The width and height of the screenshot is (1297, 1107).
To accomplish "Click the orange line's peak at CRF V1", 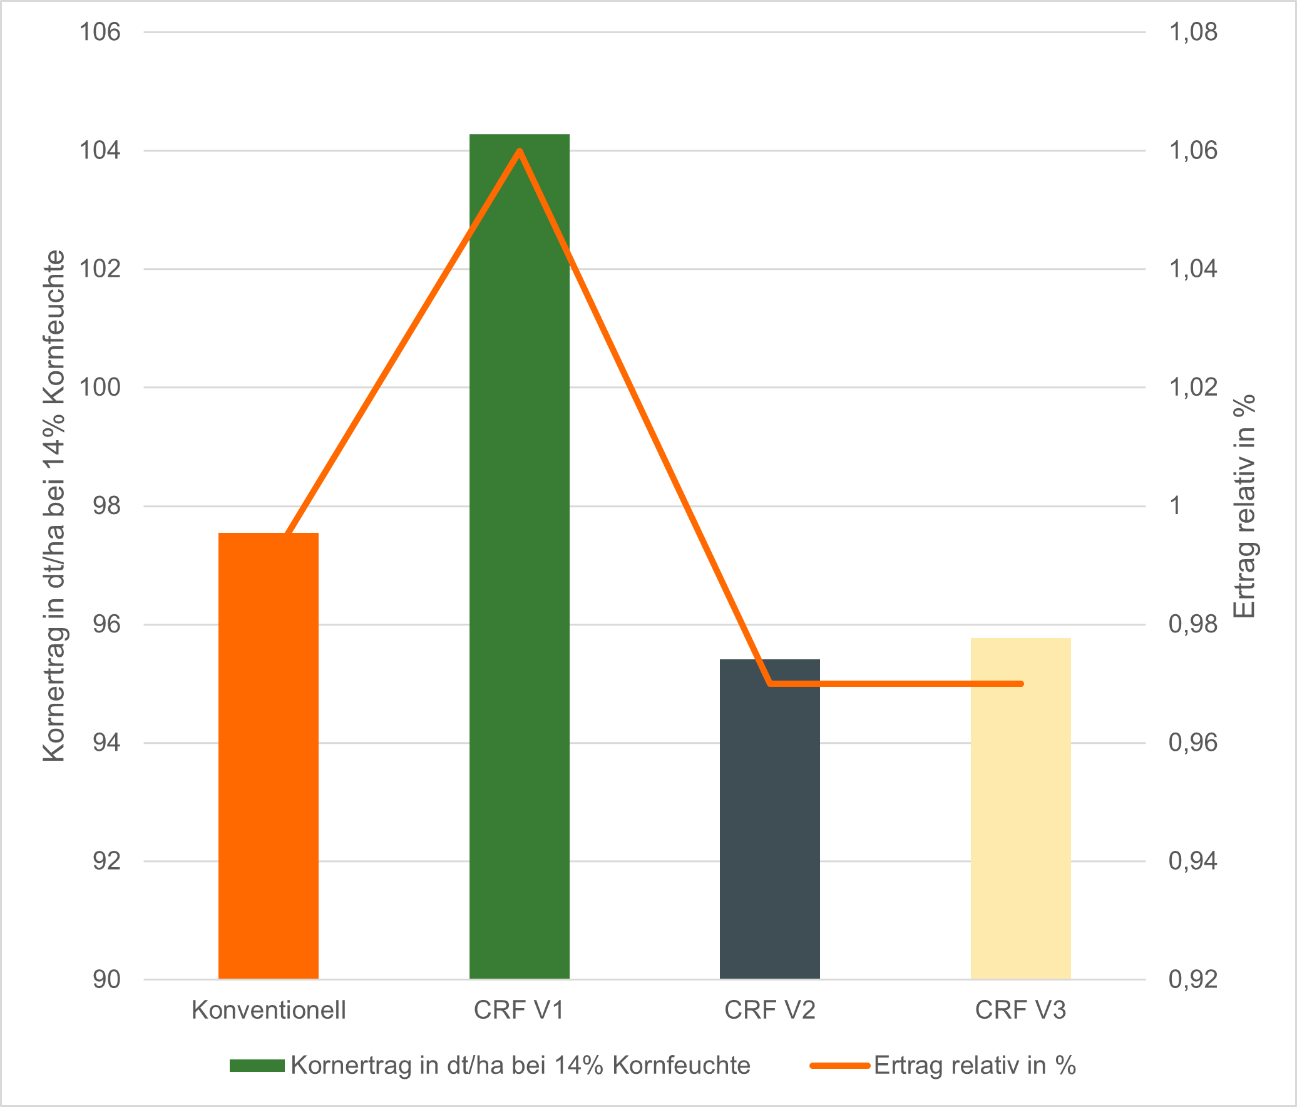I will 520,151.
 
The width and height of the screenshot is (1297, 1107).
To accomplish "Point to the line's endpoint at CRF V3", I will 1021,684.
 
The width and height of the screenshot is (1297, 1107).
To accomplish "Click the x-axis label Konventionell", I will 269,1010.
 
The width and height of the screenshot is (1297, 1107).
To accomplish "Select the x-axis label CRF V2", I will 769,1010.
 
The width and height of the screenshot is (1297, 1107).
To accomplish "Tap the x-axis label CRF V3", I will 1020,1010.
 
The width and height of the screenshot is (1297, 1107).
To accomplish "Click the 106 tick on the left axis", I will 100,32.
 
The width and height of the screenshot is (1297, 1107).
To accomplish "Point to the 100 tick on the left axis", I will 100,388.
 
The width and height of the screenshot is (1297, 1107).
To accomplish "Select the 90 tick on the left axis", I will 106,980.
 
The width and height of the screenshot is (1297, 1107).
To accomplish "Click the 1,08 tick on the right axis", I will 1193,32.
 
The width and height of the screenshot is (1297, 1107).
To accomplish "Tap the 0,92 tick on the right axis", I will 1193,980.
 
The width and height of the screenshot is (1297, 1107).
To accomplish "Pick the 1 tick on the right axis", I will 1175,506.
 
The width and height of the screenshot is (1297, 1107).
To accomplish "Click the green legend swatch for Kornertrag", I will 257,1066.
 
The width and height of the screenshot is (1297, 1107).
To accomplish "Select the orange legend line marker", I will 839,1066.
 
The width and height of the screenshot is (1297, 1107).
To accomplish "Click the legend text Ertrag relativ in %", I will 975,1066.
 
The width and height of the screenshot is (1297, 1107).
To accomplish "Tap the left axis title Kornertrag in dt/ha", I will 54,506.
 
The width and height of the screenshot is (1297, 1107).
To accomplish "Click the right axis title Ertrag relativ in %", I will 1245,506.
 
